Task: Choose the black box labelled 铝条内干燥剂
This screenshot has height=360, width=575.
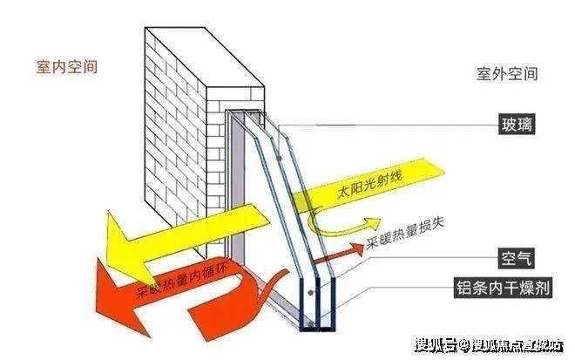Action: (504, 289)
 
